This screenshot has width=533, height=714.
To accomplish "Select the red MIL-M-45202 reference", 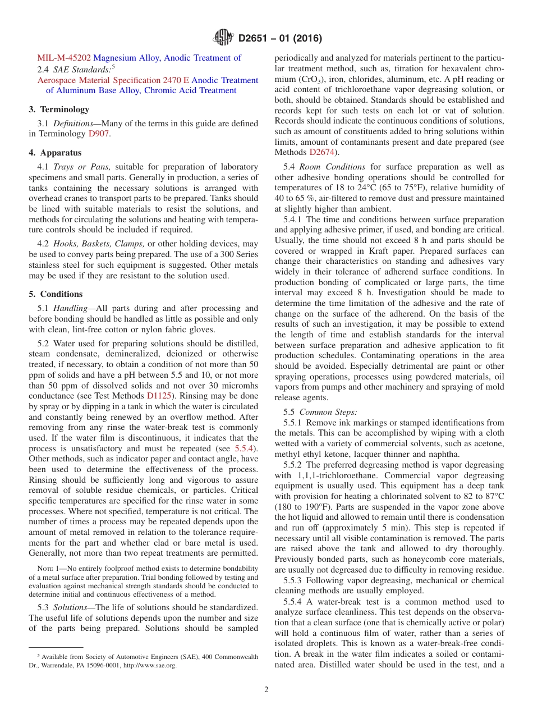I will coord(64,58).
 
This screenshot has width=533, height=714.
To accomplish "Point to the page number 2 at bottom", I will coord(266,690).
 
